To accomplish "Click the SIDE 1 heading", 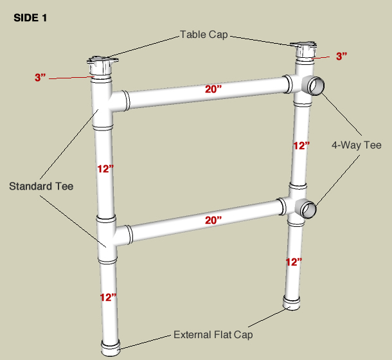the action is tap(30, 18).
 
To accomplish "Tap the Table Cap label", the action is tap(204, 35).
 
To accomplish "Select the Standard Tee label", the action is tap(41, 186).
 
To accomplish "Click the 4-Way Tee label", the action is tap(357, 145).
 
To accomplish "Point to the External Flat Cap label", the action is tap(213, 335).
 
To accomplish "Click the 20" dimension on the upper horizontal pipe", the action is tap(213, 89).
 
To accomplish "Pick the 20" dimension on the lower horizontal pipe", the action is tap(213, 220).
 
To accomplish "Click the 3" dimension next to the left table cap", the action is tap(40, 77).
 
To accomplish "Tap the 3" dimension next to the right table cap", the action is tap(341, 56).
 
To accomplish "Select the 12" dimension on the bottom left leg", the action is tap(108, 297).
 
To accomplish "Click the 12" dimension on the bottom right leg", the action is tap(294, 262).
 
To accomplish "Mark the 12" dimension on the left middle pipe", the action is tap(105, 168).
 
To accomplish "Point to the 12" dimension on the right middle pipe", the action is tap(301, 145).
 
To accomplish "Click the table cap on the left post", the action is tap(103, 65).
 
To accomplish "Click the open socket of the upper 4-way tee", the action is tap(316, 85).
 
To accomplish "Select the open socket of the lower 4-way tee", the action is tap(308, 210).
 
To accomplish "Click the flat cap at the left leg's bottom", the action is tap(111, 348).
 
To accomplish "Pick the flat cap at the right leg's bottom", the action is tap(292, 303).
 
